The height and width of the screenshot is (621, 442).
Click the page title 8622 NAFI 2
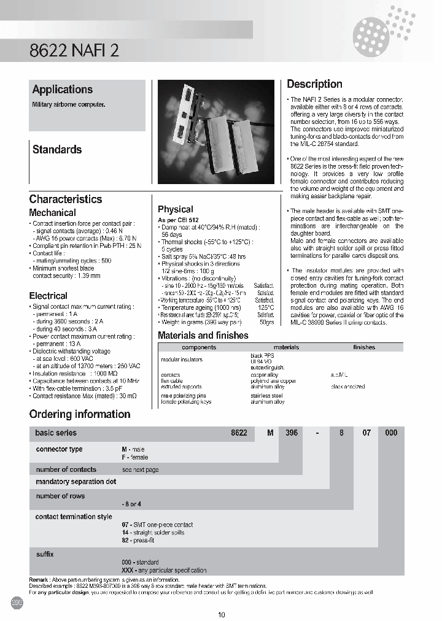pyautogui.click(x=74, y=52)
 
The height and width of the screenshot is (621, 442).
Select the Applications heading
pyautogui.click(x=62, y=90)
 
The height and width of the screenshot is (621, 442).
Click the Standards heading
pyautogui.click(x=56, y=149)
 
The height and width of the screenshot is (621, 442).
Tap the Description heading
pyautogui.click(x=314, y=84)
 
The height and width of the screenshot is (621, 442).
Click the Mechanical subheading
pyautogui.click(x=53, y=213)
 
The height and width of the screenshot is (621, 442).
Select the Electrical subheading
pyautogui.click(x=48, y=296)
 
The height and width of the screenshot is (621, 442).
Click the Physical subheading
pyautogui.click(x=175, y=209)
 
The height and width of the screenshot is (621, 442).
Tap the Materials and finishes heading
pyautogui.click(x=203, y=336)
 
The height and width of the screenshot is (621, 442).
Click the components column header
pyautogui.click(x=199, y=347)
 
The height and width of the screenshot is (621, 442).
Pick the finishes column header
pyautogui.click(x=363, y=347)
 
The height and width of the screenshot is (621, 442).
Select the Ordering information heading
pyautogui.click(x=80, y=414)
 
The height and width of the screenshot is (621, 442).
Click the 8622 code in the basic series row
pyautogui.click(x=239, y=433)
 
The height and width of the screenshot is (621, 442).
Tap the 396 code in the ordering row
pyautogui.click(x=292, y=433)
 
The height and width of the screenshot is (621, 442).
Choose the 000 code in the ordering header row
pyautogui.click(x=390, y=433)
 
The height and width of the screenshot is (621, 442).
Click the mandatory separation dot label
pyautogui.click(x=76, y=482)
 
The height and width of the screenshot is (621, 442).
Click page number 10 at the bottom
pyautogui.click(x=222, y=614)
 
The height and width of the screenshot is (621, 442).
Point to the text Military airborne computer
pyautogui.click(x=69, y=105)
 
